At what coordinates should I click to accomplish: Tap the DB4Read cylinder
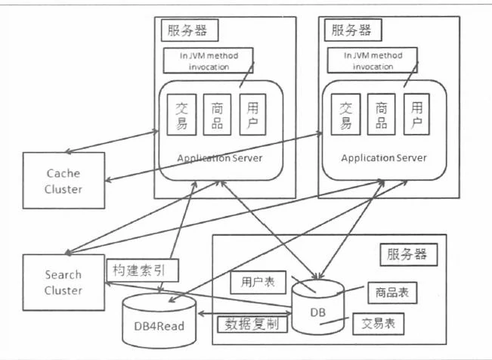(159, 323)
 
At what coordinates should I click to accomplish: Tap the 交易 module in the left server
(181, 115)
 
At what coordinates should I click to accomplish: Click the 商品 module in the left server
(218, 115)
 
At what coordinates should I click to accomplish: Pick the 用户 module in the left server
(252, 115)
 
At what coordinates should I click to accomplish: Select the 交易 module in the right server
(346, 115)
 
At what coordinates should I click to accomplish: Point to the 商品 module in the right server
(382, 115)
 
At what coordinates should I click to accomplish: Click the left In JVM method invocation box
(209, 61)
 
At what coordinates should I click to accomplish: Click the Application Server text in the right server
(383, 158)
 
